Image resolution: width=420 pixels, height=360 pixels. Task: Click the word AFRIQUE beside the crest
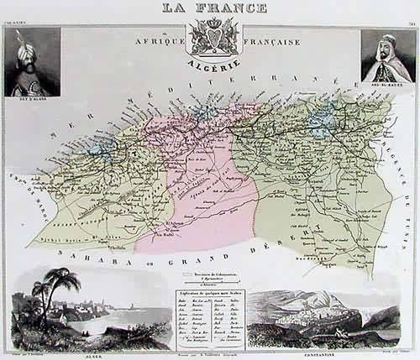[x=154, y=39]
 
